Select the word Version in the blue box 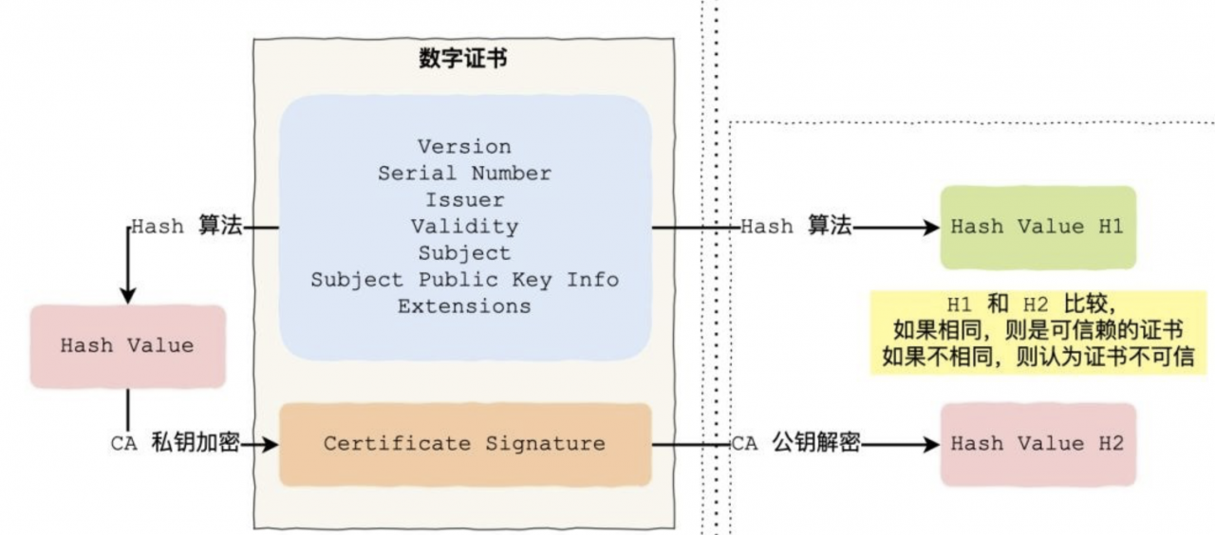[464, 147]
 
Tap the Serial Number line [464, 174]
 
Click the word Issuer [464, 200]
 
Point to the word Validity [464, 227]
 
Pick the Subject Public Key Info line [464, 280]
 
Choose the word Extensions [464, 306]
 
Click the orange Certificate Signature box [464, 444]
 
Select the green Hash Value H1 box [1037, 227]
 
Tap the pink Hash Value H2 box [1037, 444]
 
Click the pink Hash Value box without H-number [127, 346]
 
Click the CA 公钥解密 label [795, 443]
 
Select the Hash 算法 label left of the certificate [187, 227]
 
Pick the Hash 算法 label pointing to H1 [795, 227]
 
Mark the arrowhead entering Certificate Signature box [271, 443]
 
